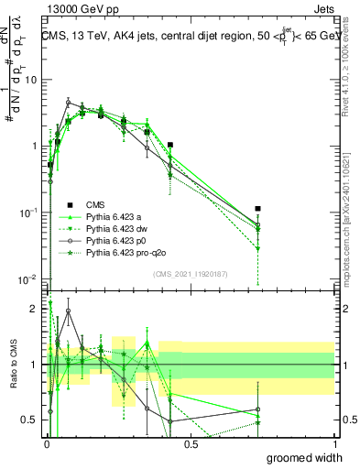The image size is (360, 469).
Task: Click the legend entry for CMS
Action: pos(96,204)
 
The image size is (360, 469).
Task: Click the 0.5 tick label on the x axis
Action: pos(191,443)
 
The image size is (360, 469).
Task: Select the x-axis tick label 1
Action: pos(334,443)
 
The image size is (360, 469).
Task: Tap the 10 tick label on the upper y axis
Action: pos(29,79)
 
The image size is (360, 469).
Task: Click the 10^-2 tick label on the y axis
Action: pos(27,278)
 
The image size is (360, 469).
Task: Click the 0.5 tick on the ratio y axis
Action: pos(30,420)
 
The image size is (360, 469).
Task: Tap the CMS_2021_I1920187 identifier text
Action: pos(191,274)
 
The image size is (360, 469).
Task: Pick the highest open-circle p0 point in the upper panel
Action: pos(68,102)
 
